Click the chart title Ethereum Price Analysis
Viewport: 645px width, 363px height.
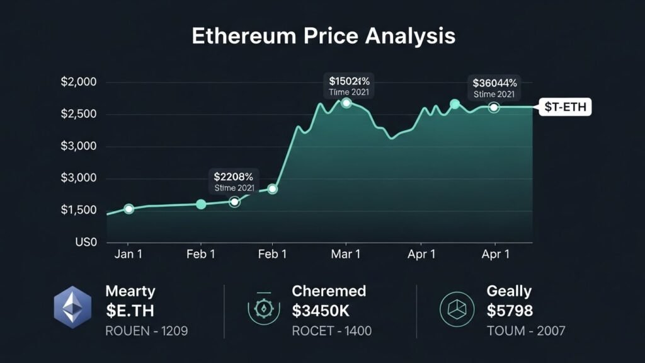(x=322, y=36)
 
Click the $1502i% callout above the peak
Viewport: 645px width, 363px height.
(x=349, y=86)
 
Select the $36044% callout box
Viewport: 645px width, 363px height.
(x=494, y=88)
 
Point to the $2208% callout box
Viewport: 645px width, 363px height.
(x=233, y=181)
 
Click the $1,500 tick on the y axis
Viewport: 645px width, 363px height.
(x=79, y=210)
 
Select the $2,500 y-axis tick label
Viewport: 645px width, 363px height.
(x=79, y=114)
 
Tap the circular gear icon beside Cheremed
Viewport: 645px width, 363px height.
(x=263, y=308)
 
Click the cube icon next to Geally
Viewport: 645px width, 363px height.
(x=456, y=308)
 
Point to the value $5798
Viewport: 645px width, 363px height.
(x=510, y=310)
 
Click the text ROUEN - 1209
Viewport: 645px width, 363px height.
(x=147, y=330)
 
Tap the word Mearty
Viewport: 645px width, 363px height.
(x=130, y=291)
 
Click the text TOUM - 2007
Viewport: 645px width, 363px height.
(x=526, y=330)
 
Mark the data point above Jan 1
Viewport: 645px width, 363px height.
(x=128, y=209)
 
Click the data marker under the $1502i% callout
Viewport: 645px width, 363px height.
(x=346, y=102)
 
